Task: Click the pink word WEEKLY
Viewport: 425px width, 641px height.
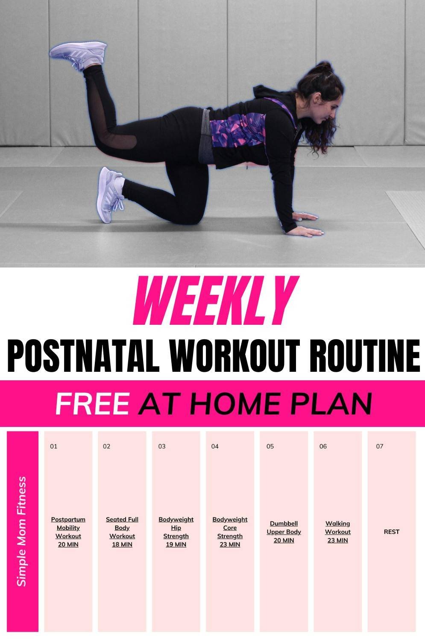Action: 216,300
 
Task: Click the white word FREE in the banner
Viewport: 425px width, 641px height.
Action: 93,403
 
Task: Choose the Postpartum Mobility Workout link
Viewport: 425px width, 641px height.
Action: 68,532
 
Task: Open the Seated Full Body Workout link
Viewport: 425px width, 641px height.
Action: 122,532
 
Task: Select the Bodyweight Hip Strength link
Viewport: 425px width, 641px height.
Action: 176,532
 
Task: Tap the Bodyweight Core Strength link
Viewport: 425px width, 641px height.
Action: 230,532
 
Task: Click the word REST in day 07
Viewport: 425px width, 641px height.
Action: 392,532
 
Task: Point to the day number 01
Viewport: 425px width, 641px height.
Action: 53,446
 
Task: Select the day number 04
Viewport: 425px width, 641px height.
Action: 215,446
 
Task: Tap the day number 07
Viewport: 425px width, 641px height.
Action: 380,446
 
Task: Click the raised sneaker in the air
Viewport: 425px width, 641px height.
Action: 78,55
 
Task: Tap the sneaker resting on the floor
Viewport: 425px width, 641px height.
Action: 111,195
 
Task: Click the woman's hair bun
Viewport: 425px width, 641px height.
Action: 324,68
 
